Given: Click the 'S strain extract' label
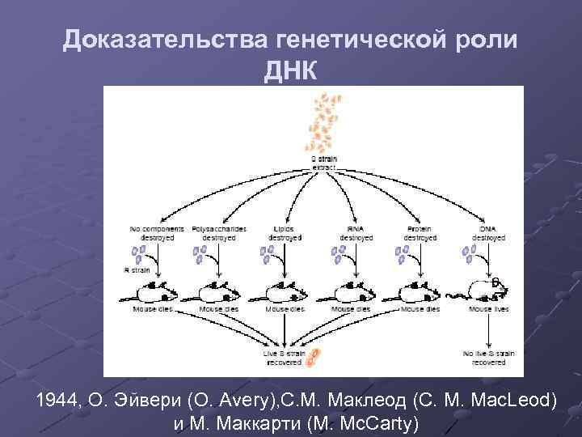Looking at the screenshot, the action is point(325,162).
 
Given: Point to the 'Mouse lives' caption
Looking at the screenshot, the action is point(489,309).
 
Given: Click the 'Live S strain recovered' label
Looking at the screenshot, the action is point(282,357).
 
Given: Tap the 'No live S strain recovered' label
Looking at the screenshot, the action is point(489,357).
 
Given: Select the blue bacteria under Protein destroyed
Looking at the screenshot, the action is point(402,255).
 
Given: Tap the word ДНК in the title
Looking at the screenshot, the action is point(290,71).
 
